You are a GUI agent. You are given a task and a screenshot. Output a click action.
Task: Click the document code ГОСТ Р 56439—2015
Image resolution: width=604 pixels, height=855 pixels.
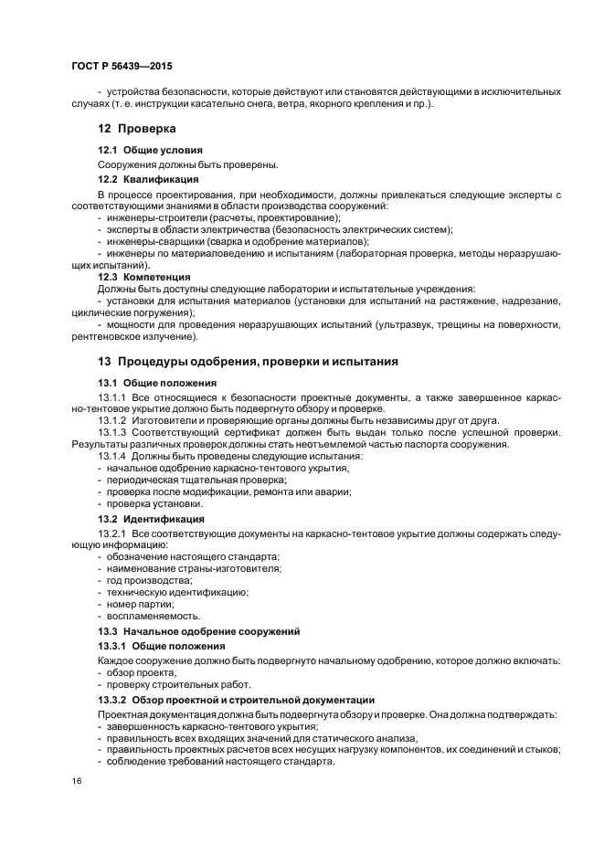click(121, 67)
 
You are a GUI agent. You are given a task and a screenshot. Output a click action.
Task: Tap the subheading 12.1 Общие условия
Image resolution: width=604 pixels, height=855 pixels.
click(150, 149)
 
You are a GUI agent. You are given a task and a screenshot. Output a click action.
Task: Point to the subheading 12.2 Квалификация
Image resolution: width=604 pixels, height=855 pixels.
click(149, 179)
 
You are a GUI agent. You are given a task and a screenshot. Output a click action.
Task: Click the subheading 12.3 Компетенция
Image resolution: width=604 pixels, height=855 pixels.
click(144, 276)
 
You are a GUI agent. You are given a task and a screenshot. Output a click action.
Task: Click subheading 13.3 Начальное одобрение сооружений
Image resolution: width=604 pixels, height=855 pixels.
click(200, 631)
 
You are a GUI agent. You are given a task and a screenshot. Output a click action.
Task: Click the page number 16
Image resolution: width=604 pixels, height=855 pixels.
click(76, 781)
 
